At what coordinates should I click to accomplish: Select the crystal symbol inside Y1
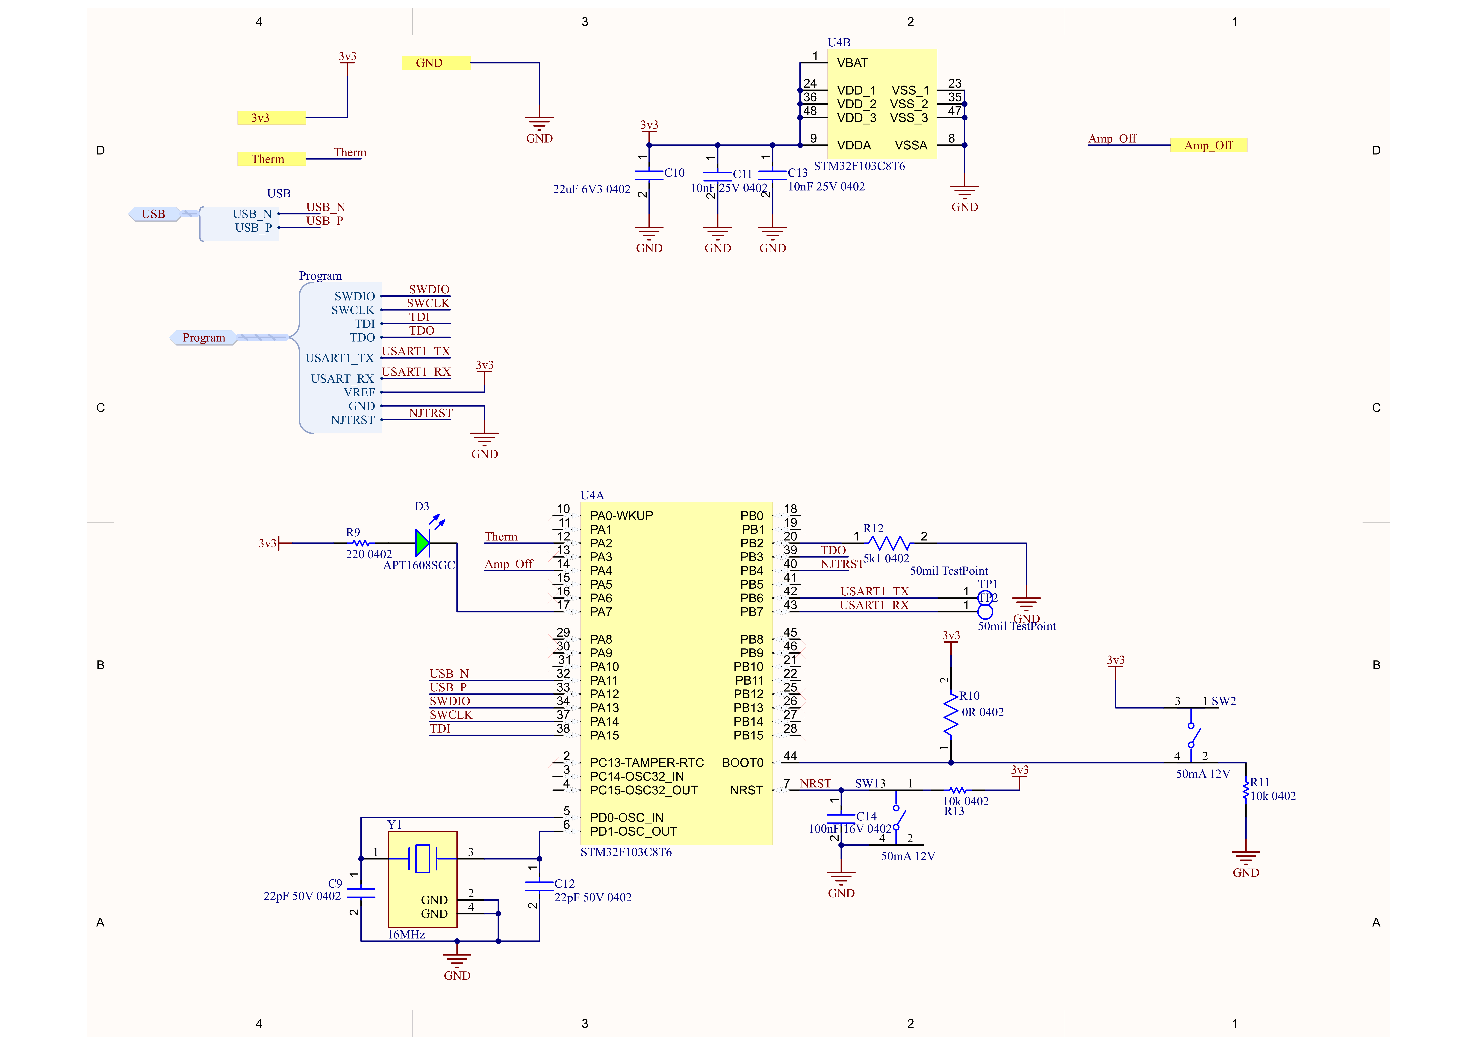(423, 858)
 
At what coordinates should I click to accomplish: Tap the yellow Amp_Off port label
(1208, 145)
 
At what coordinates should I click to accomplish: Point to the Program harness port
(203, 338)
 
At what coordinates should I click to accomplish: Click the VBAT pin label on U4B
(852, 63)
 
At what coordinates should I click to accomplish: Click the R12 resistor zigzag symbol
(890, 543)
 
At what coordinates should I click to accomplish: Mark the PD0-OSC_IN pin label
(627, 818)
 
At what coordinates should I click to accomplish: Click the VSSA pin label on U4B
(911, 145)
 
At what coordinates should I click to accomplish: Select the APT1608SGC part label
(419, 566)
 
